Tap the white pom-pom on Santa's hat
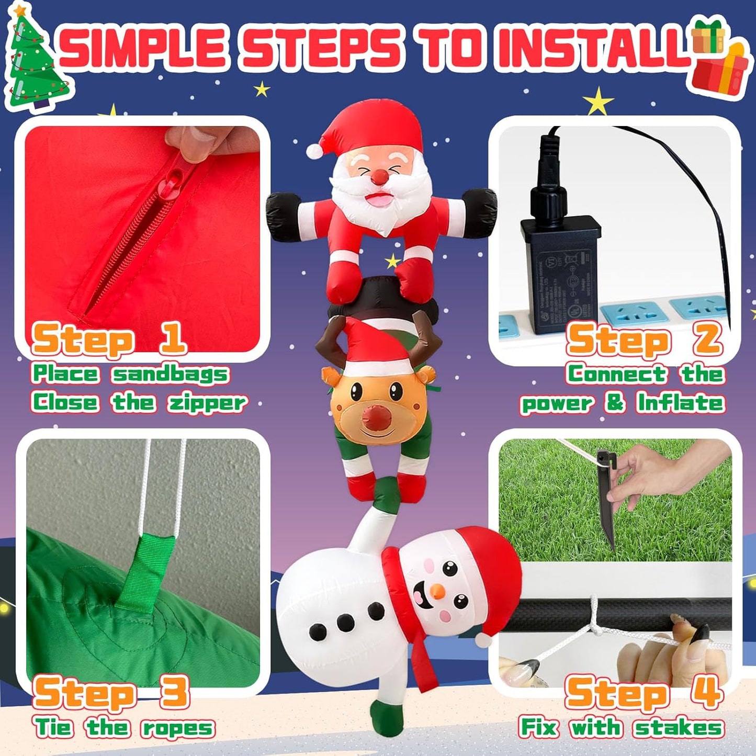pyautogui.click(x=314, y=151)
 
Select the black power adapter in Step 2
pyautogui.click(x=560, y=272)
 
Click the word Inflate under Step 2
pyautogui.click(x=680, y=403)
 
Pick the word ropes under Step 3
pyautogui.click(x=178, y=728)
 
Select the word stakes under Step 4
pyautogui.click(x=679, y=728)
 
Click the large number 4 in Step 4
pyautogui.click(x=707, y=692)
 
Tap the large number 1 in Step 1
pyautogui.click(x=172, y=338)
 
